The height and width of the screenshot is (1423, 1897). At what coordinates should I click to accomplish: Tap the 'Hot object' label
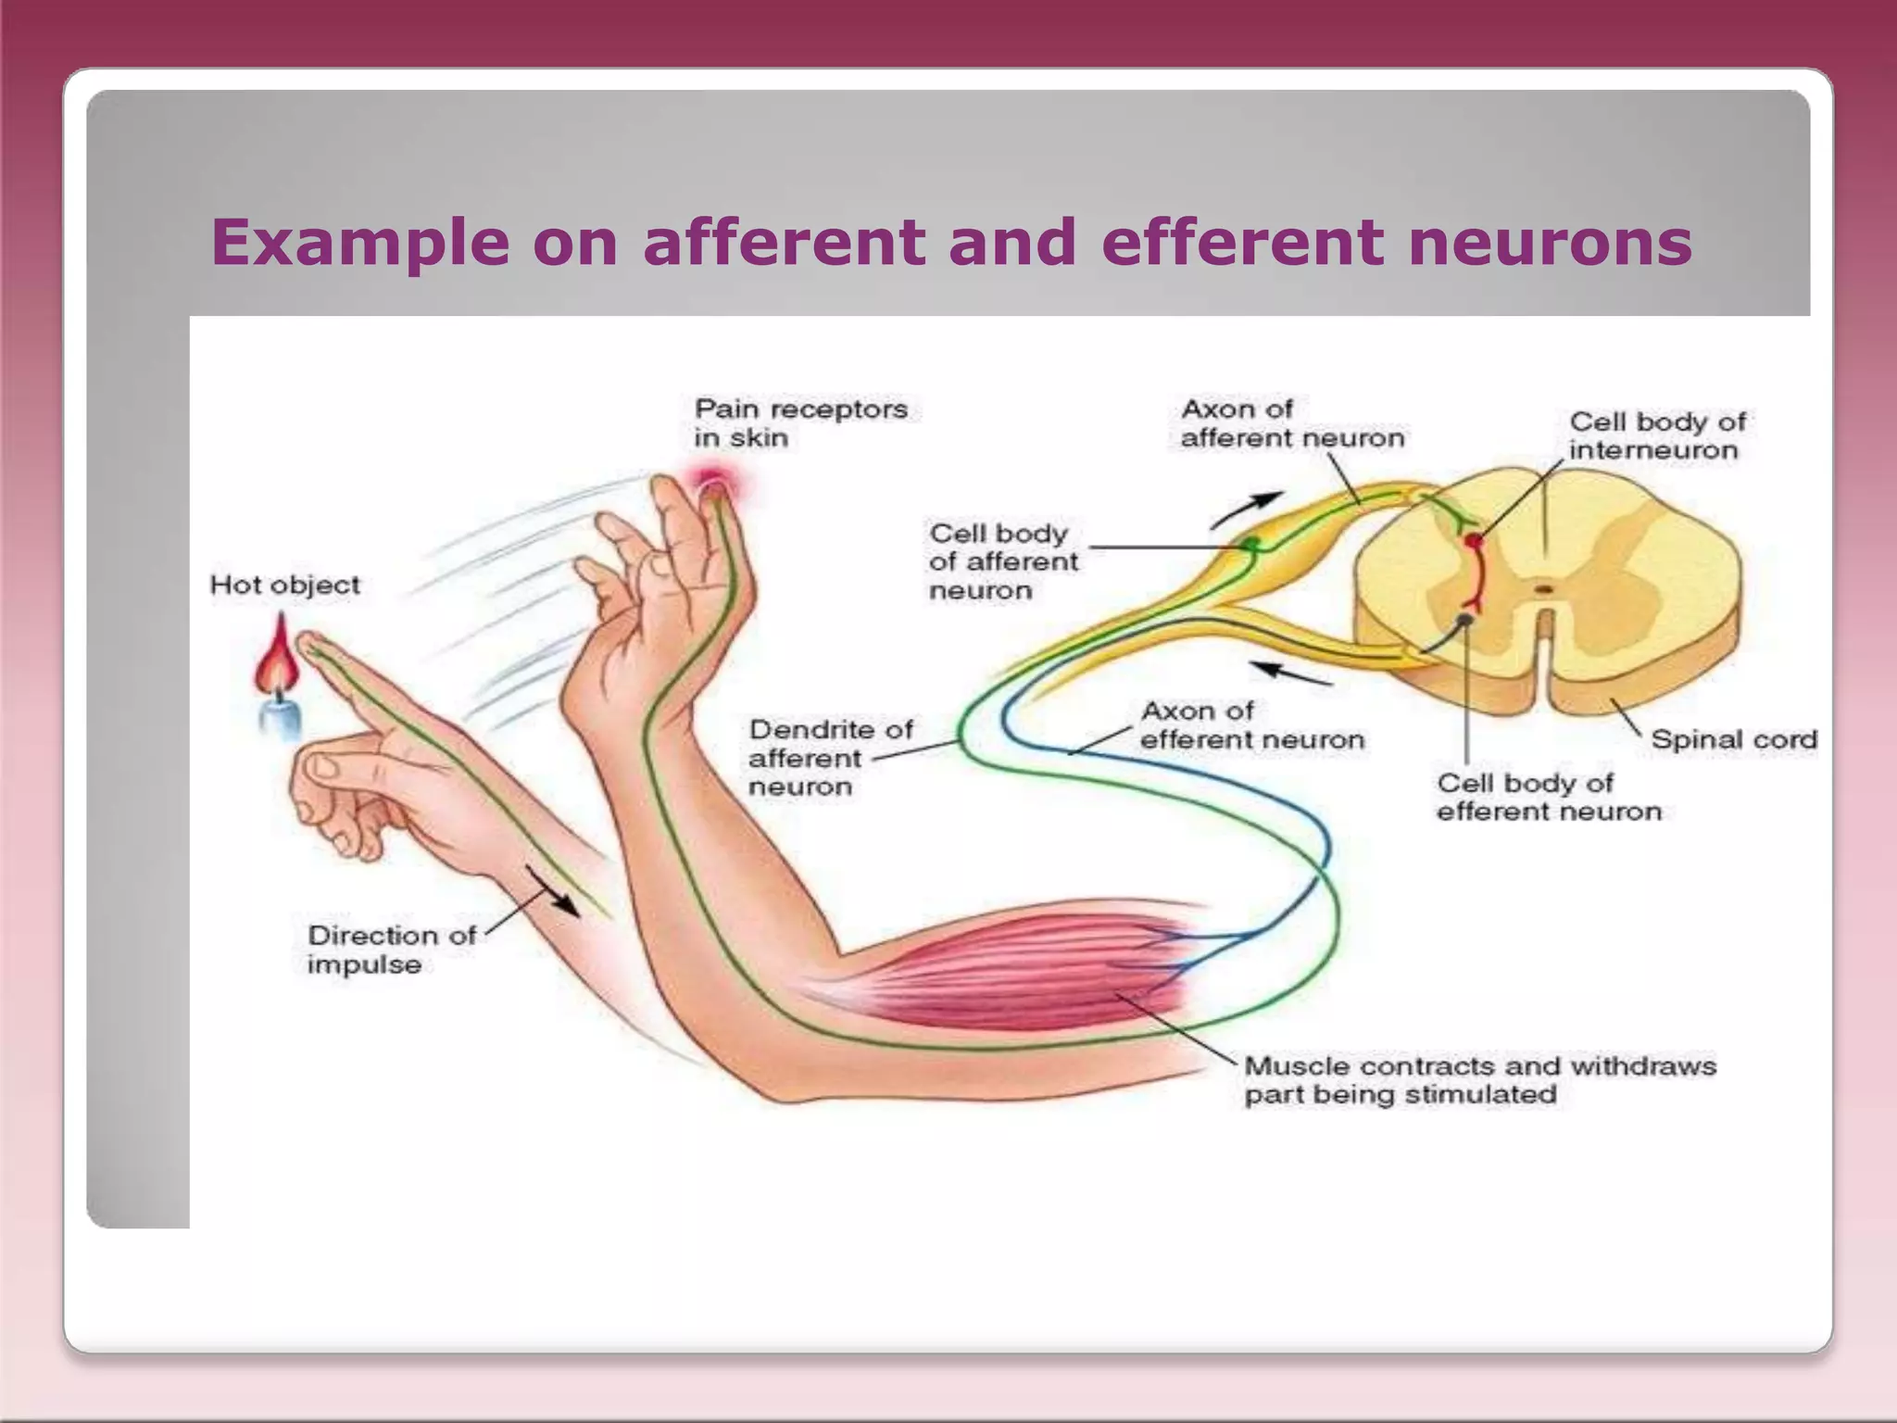coord(285,586)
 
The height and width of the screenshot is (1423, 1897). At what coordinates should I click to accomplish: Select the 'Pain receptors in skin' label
coord(801,423)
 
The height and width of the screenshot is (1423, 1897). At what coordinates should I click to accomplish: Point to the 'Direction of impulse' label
coord(391,950)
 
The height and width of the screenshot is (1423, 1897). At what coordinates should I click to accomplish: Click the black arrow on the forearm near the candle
coord(554,892)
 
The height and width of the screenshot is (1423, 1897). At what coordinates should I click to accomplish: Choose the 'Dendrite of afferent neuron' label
coord(831,758)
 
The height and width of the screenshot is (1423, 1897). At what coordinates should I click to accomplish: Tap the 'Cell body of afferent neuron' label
coord(1003,561)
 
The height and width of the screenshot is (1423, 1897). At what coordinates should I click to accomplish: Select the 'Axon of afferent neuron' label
coord(1292,423)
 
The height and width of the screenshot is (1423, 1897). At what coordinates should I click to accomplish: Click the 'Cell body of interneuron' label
coord(1657,435)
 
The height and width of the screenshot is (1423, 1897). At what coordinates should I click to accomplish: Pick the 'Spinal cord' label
coord(1734,739)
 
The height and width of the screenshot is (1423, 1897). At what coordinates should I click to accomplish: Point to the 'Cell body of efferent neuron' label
coord(1549,797)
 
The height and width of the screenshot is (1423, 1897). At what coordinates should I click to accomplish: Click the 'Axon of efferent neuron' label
coord(1252,725)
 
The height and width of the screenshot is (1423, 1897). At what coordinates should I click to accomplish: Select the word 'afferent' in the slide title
coord(783,243)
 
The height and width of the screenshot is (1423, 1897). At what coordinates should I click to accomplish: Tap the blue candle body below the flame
coord(280,718)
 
